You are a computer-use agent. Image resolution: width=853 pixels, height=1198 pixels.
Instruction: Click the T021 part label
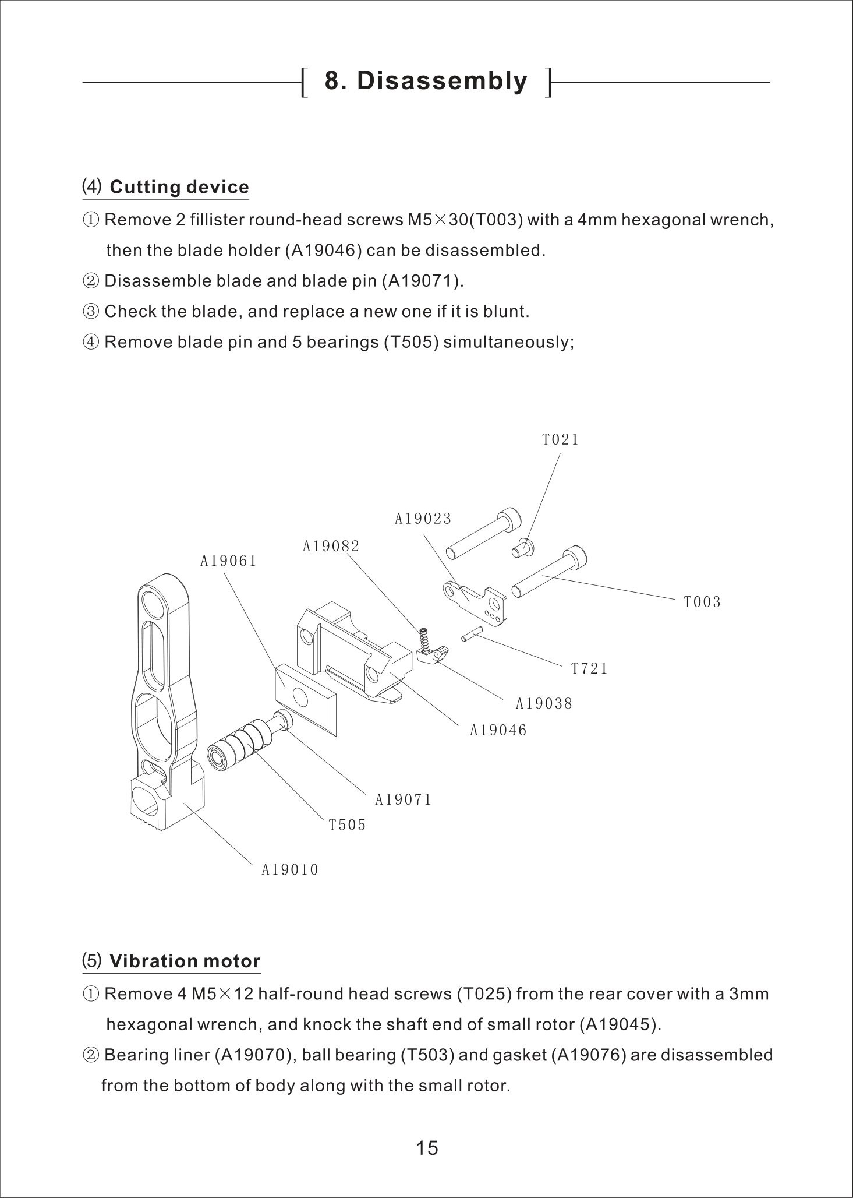pyautogui.click(x=560, y=440)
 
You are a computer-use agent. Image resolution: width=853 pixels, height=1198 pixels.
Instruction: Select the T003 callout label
pyautogui.click(x=702, y=602)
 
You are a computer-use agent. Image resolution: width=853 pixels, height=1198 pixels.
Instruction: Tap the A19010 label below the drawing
pyautogui.click(x=290, y=871)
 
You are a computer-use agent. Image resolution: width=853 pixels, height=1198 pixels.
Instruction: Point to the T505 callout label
pyautogui.click(x=347, y=825)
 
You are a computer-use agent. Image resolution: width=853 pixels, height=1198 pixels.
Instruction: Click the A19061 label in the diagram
pyautogui.click(x=228, y=561)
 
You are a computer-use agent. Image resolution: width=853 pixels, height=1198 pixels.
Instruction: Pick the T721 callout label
pyautogui.click(x=589, y=669)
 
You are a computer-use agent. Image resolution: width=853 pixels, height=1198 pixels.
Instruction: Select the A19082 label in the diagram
pyautogui.click(x=331, y=547)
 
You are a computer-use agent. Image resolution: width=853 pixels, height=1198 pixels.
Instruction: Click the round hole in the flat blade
pyautogui.click(x=300, y=696)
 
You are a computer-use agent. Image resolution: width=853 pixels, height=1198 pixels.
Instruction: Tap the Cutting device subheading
pyautogui.click(x=179, y=187)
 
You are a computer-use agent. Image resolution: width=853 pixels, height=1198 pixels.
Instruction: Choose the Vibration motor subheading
pyautogui.click(x=185, y=961)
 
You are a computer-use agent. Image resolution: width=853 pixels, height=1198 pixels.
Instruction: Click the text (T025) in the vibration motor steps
pyautogui.click(x=484, y=994)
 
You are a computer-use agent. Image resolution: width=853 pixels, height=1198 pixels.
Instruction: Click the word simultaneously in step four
pyautogui.click(x=508, y=342)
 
